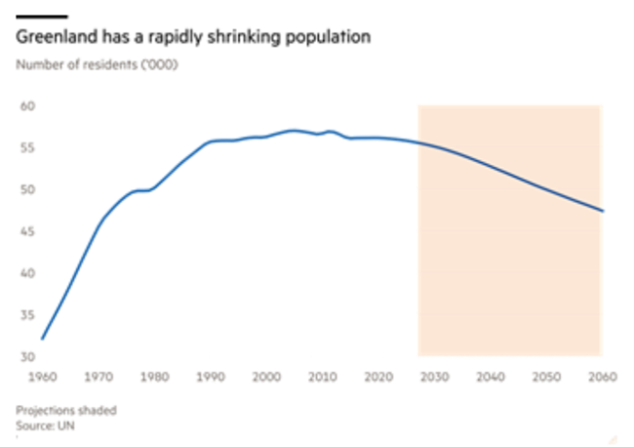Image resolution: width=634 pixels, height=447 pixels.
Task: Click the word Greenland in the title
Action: (x=49, y=38)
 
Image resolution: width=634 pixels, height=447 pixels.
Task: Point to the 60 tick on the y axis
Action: (x=26, y=105)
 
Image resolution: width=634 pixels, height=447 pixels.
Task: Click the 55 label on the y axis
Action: (x=26, y=147)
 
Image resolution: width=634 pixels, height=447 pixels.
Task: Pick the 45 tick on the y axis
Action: (x=26, y=231)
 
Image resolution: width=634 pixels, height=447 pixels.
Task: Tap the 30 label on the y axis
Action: (x=26, y=357)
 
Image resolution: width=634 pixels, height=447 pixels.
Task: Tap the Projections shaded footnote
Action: (x=65, y=411)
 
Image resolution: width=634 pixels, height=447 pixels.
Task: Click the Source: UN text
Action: (x=44, y=426)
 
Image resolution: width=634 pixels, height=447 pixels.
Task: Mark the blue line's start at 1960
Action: (x=42, y=339)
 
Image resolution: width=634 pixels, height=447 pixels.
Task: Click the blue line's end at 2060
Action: (x=602, y=211)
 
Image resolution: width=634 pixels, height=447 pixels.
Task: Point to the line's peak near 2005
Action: (x=294, y=130)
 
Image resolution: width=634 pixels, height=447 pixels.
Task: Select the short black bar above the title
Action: (x=42, y=17)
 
